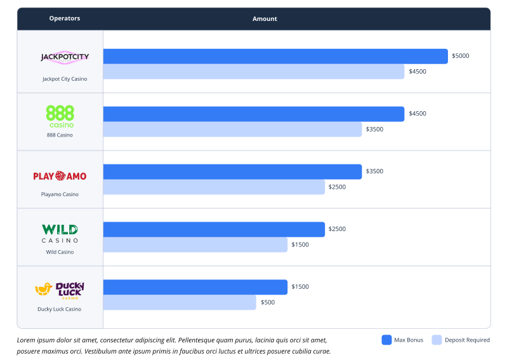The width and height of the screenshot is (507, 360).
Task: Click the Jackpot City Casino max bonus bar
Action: [275, 57]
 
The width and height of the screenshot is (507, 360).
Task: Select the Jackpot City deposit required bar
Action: [254, 72]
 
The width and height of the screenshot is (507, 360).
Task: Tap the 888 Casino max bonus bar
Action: [254, 114]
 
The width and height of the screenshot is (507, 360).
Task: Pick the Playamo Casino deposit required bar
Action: [214, 187]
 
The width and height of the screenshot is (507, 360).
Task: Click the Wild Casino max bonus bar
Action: [214, 229]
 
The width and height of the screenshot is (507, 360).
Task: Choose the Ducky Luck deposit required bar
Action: [180, 303]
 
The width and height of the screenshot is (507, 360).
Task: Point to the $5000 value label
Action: [461, 57]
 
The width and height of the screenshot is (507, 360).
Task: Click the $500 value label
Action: [268, 303]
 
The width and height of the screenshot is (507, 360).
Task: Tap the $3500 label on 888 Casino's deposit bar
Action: [374, 130]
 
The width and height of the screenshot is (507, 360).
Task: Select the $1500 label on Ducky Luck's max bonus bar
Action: [300, 287]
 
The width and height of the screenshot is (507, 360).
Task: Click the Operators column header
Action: [65, 19]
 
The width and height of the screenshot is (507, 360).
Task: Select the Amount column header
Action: [265, 19]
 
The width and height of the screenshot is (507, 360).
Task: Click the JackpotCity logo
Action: [65, 57]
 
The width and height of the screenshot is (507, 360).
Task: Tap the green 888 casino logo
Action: [60, 116]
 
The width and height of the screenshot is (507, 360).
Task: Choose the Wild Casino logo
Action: [60, 233]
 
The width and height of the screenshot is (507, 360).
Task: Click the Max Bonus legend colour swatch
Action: [386, 340]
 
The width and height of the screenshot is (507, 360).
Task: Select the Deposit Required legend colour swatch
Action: [437, 340]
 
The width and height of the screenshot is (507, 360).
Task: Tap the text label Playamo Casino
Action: [60, 194]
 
